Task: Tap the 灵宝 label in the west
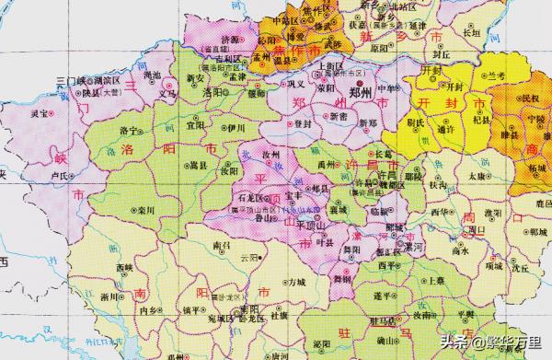[39, 114]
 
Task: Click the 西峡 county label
[126, 268]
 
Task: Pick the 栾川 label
[145, 210]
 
